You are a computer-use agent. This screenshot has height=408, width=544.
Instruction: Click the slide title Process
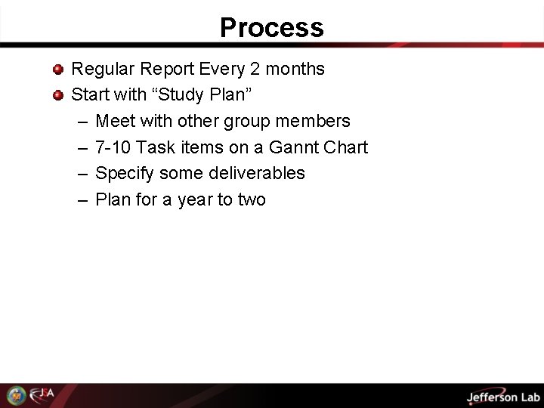272,28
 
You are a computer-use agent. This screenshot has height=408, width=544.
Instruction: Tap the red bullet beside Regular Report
58,70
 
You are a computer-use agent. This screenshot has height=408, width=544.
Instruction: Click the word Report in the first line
167,69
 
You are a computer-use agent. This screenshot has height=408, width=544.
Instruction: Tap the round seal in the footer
15,395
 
